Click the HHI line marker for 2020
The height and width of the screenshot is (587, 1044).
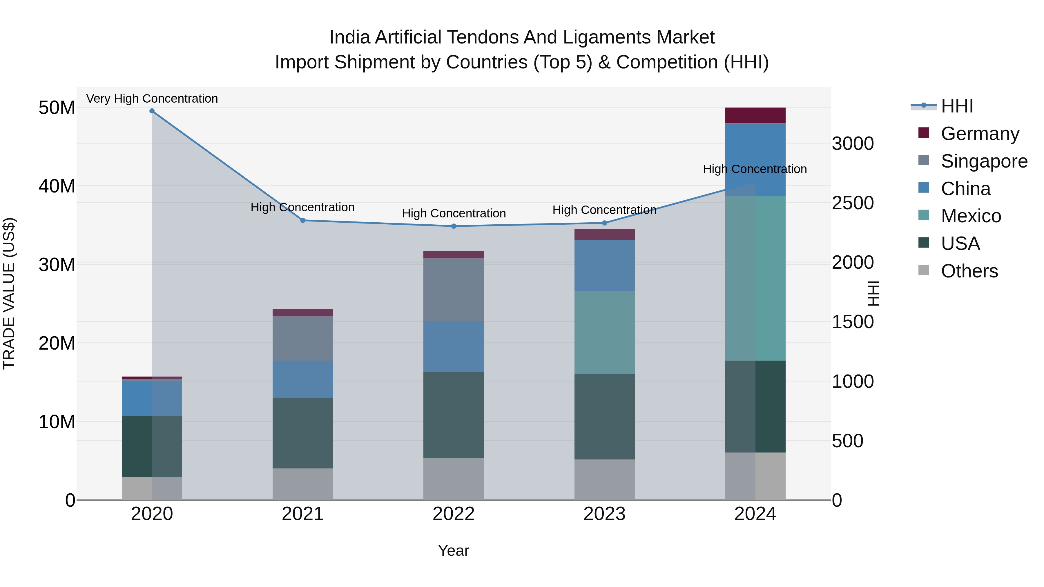click(x=152, y=111)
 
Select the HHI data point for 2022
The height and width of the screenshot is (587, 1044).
click(x=454, y=226)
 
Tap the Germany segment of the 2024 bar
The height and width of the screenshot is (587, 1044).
click(x=755, y=115)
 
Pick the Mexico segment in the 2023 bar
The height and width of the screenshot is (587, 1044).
click(x=604, y=332)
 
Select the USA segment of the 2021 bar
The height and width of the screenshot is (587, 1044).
click(x=302, y=433)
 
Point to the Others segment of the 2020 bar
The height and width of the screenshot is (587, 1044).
click(x=152, y=488)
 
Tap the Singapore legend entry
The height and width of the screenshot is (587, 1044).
click(x=984, y=161)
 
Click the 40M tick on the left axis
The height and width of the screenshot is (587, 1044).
click(x=57, y=186)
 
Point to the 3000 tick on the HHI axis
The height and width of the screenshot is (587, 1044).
click(x=853, y=144)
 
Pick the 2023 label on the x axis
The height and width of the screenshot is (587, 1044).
click(x=604, y=514)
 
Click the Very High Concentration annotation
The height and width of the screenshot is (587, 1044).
click(x=152, y=99)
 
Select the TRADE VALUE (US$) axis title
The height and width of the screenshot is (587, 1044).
click(x=9, y=293)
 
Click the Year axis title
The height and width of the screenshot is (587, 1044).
click(x=454, y=550)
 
